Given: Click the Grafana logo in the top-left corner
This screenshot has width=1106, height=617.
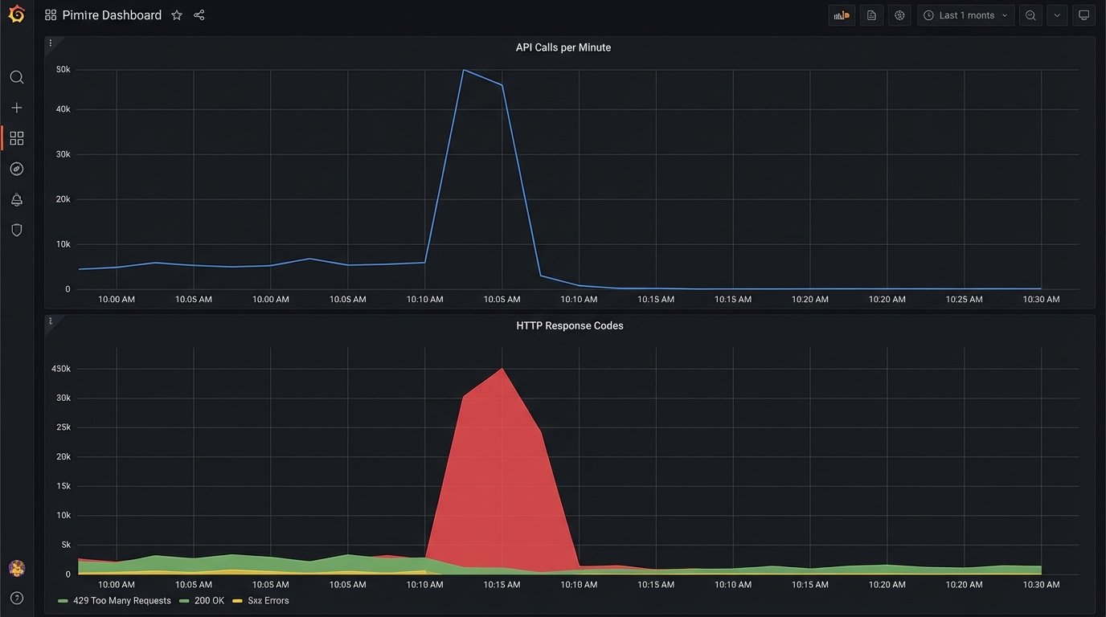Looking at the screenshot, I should click(16, 14).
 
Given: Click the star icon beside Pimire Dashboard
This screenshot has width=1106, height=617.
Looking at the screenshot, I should click(177, 15).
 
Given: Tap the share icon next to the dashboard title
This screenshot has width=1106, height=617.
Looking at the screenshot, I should click(199, 15).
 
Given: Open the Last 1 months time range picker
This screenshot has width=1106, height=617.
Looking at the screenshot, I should click(966, 15).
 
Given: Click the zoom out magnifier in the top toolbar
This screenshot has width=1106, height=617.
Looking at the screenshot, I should click(1030, 15).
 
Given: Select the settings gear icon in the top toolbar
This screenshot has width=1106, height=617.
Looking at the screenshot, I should click(899, 15).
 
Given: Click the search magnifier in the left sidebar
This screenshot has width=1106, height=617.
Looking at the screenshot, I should click(16, 77).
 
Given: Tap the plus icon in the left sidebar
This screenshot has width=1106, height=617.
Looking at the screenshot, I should click(16, 108).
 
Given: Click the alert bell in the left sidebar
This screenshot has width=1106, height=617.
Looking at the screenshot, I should click(16, 199).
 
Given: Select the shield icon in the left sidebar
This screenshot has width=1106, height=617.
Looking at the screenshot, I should click(16, 230).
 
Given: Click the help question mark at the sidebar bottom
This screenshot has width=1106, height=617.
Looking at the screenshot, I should click(16, 598).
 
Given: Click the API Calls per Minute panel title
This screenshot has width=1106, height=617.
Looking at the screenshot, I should click(563, 47).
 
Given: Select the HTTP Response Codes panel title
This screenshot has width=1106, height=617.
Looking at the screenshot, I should click(569, 325).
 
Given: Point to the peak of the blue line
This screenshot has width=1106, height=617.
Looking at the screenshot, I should click(464, 70).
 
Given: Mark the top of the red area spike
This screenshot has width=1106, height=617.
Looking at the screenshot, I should click(502, 369).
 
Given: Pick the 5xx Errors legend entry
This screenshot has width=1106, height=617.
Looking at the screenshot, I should click(268, 600).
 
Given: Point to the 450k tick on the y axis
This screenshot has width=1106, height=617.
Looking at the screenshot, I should click(61, 369).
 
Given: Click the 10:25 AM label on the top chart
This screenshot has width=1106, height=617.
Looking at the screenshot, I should click(964, 299).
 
